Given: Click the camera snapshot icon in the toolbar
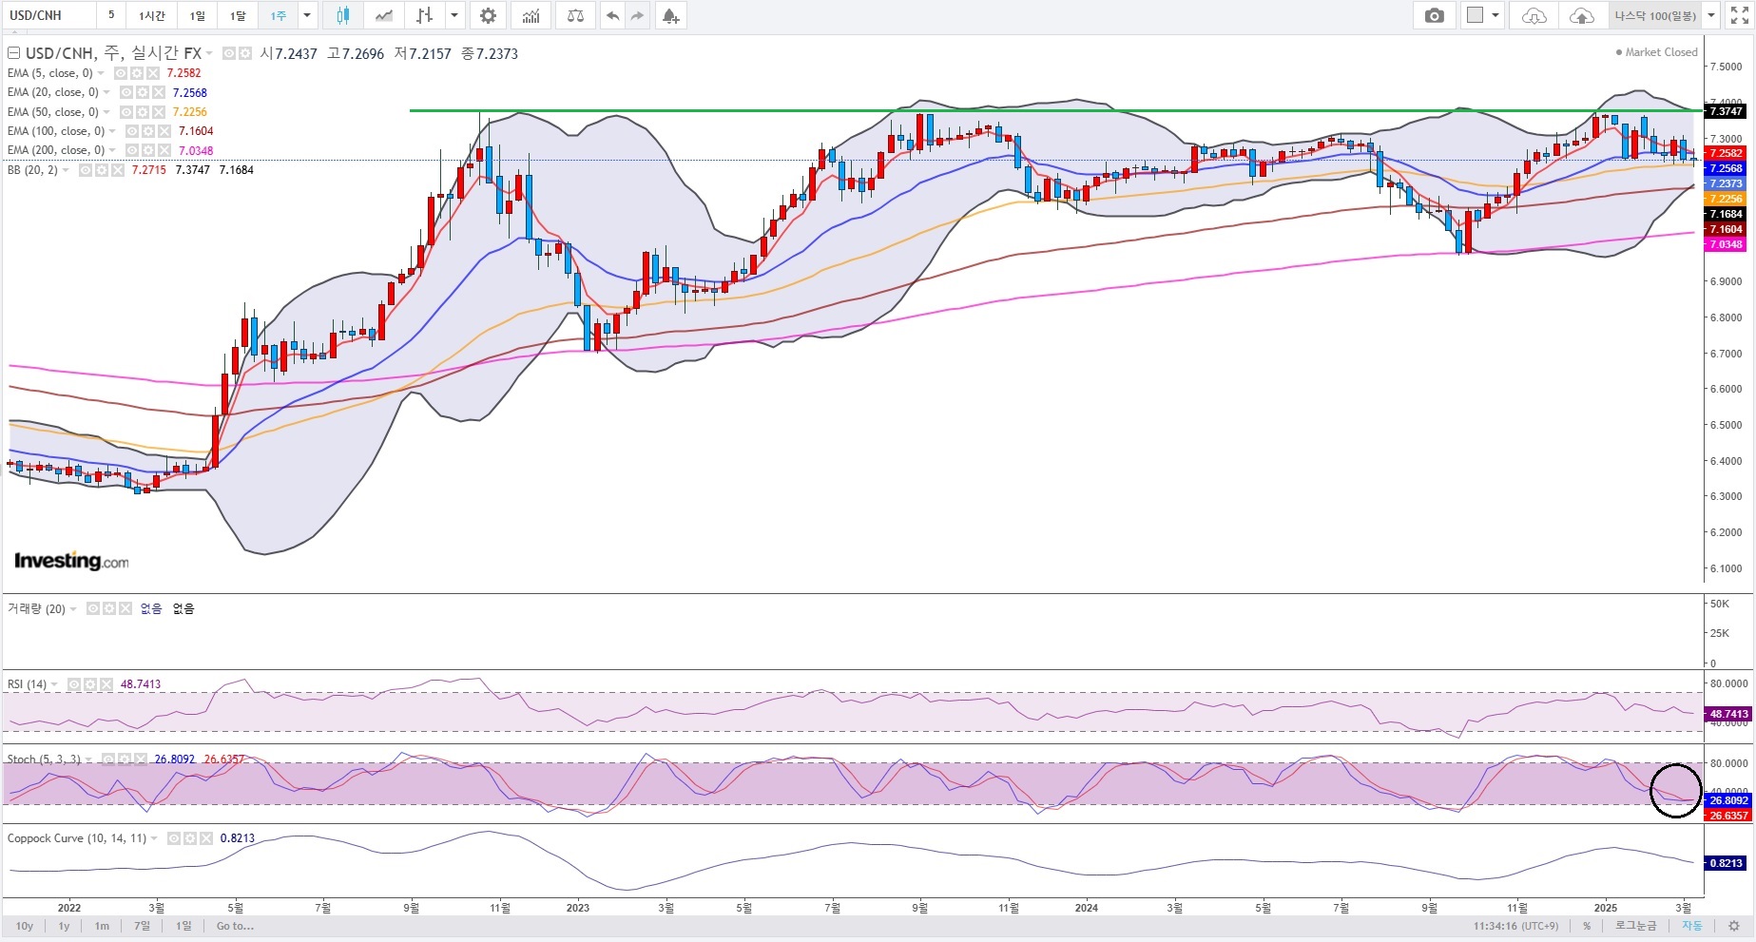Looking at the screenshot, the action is click(x=1434, y=16).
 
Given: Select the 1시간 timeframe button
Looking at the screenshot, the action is click(x=151, y=16).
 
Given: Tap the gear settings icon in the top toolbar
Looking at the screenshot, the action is click(x=488, y=16).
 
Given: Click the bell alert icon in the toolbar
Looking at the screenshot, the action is click(x=670, y=16).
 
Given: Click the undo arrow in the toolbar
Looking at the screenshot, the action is click(x=612, y=16).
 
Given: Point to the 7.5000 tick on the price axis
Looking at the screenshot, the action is click(x=1726, y=67).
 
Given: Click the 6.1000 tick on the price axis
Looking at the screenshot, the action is click(x=1726, y=568).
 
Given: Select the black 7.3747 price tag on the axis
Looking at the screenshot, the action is click(x=1726, y=111).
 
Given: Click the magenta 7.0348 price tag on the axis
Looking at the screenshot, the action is click(x=1726, y=244).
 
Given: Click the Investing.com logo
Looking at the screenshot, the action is click(x=71, y=561).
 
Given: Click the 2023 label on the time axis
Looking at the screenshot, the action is click(x=577, y=908).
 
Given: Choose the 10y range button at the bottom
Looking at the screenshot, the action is click(x=25, y=926).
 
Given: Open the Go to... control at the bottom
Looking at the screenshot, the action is click(x=235, y=926).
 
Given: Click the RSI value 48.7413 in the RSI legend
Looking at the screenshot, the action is click(x=141, y=684).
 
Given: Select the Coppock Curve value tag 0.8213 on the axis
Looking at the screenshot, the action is click(x=1726, y=863).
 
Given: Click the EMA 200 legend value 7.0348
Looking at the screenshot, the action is click(x=195, y=150).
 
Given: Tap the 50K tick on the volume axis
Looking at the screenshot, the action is click(x=1719, y=604).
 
